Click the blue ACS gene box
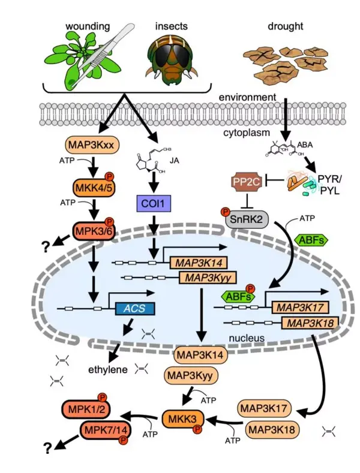coord(134,308)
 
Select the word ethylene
coord(107,369)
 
